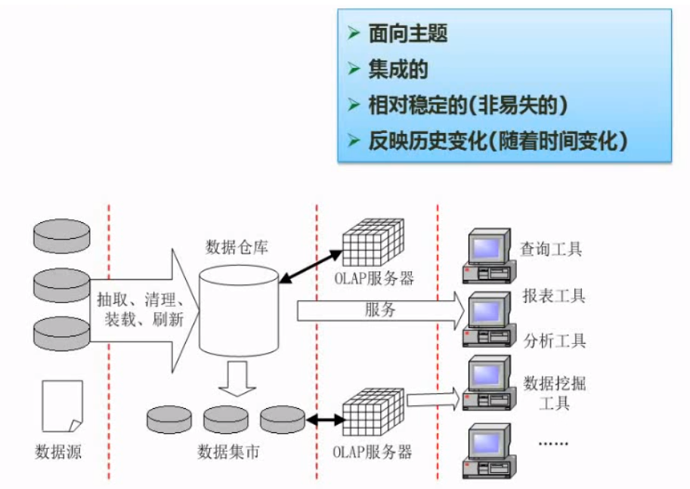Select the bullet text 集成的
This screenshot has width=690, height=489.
click(398, 70)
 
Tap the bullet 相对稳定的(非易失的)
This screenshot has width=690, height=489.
click(467, 105)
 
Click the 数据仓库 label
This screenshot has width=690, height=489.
click(237, 247)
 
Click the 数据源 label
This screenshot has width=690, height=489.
click(58, 452)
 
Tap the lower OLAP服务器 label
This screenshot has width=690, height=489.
click(373, 452)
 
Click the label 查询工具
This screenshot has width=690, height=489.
click(551, 249)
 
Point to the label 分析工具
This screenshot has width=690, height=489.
click(554, 340)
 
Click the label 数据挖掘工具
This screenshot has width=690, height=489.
click(554, 392)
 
